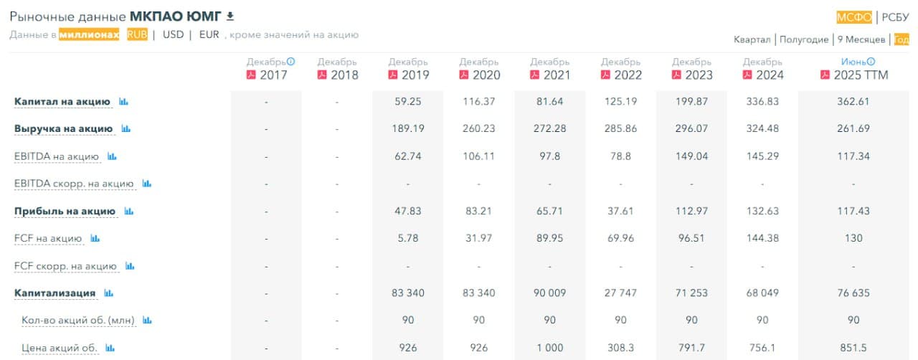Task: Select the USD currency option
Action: (173, 34)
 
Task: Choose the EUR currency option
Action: (209, 34)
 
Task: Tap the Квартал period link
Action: (752, 39)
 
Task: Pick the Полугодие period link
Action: (804, 39)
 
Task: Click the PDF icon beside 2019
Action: (392, 75)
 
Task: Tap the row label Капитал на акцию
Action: (62, 102)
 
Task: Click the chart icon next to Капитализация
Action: (109, 293)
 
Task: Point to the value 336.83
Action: (763, 102)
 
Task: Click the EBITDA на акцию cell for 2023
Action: (692, 156)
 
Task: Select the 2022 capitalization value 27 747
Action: (621, 293)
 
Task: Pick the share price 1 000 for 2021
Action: (550, 348)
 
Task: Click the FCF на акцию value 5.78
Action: (408, 238)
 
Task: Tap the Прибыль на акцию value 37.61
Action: (621, 211)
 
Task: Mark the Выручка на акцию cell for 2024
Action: (763, 129)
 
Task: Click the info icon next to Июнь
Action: (871, 62)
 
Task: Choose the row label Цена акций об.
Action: (59, 348)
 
